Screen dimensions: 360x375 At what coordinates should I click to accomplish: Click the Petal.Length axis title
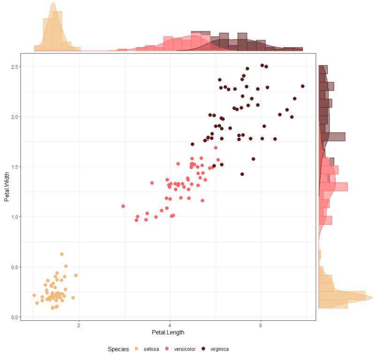[x=168, y=332]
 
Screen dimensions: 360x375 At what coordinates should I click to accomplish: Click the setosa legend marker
[x=137, y=349]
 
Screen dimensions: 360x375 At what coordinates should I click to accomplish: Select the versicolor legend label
[x=184, y=349]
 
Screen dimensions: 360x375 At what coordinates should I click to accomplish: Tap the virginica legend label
[x=219, y=349]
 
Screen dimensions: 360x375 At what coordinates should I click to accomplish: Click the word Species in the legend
[x=118, y=349]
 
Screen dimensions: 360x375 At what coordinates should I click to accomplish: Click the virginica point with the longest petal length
[x=303, y=86]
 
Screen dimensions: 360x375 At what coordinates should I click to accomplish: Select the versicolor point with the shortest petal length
[x=123, y=206]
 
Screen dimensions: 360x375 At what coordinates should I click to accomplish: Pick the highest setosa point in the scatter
[x=62, y=254]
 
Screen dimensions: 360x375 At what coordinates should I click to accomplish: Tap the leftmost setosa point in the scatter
[x=34, y=295]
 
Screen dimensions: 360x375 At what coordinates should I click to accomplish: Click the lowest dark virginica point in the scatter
[x=242, y=174]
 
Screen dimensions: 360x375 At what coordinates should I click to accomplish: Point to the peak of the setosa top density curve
[x=53, y=3]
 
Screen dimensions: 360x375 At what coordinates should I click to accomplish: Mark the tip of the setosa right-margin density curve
[x=372, y=298]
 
